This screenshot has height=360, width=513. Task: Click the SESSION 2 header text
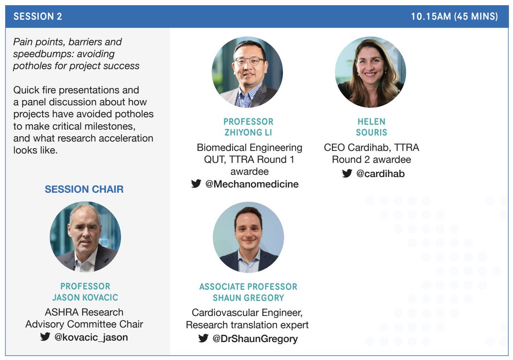coord(38,17)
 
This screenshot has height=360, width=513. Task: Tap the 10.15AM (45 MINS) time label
coord(454,17)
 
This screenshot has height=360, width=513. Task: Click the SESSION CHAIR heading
coord(84,189)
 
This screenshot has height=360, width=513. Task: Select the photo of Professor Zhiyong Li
coord(248,72)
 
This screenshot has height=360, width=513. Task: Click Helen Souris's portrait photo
coord(370,72)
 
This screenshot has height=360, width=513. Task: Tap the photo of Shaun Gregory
coord(248,238)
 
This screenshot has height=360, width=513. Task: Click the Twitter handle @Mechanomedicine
coord(252,184)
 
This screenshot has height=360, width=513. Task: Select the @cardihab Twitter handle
coord(380,174)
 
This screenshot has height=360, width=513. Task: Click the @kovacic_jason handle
coord(91,337)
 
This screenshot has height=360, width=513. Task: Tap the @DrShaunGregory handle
coord(255,339)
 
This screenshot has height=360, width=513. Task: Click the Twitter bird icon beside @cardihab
coord(347,174)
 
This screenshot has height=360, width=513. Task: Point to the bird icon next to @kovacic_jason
coord(45,337)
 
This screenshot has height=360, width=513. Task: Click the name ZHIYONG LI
coord(248,133)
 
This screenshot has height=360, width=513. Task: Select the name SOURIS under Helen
coord(372,133)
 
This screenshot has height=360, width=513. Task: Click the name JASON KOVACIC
coord(85,297)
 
